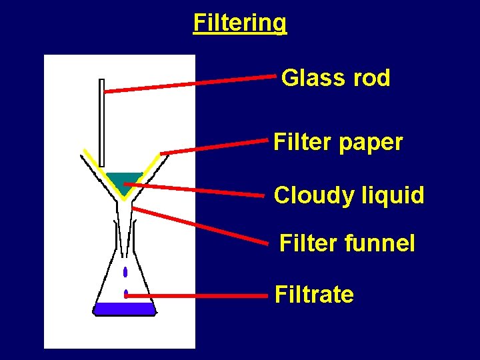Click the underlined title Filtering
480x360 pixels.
[240, 23]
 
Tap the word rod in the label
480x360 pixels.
[372, 79]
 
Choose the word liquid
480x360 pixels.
[395, 196]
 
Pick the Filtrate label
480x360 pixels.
[314, 295]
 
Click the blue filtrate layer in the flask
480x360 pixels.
[124, 309]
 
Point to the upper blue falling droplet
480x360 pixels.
[125, 272]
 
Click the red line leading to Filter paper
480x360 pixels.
[213, 147]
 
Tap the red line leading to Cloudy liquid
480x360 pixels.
[193, 189]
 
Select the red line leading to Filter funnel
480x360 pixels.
[200, 226]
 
